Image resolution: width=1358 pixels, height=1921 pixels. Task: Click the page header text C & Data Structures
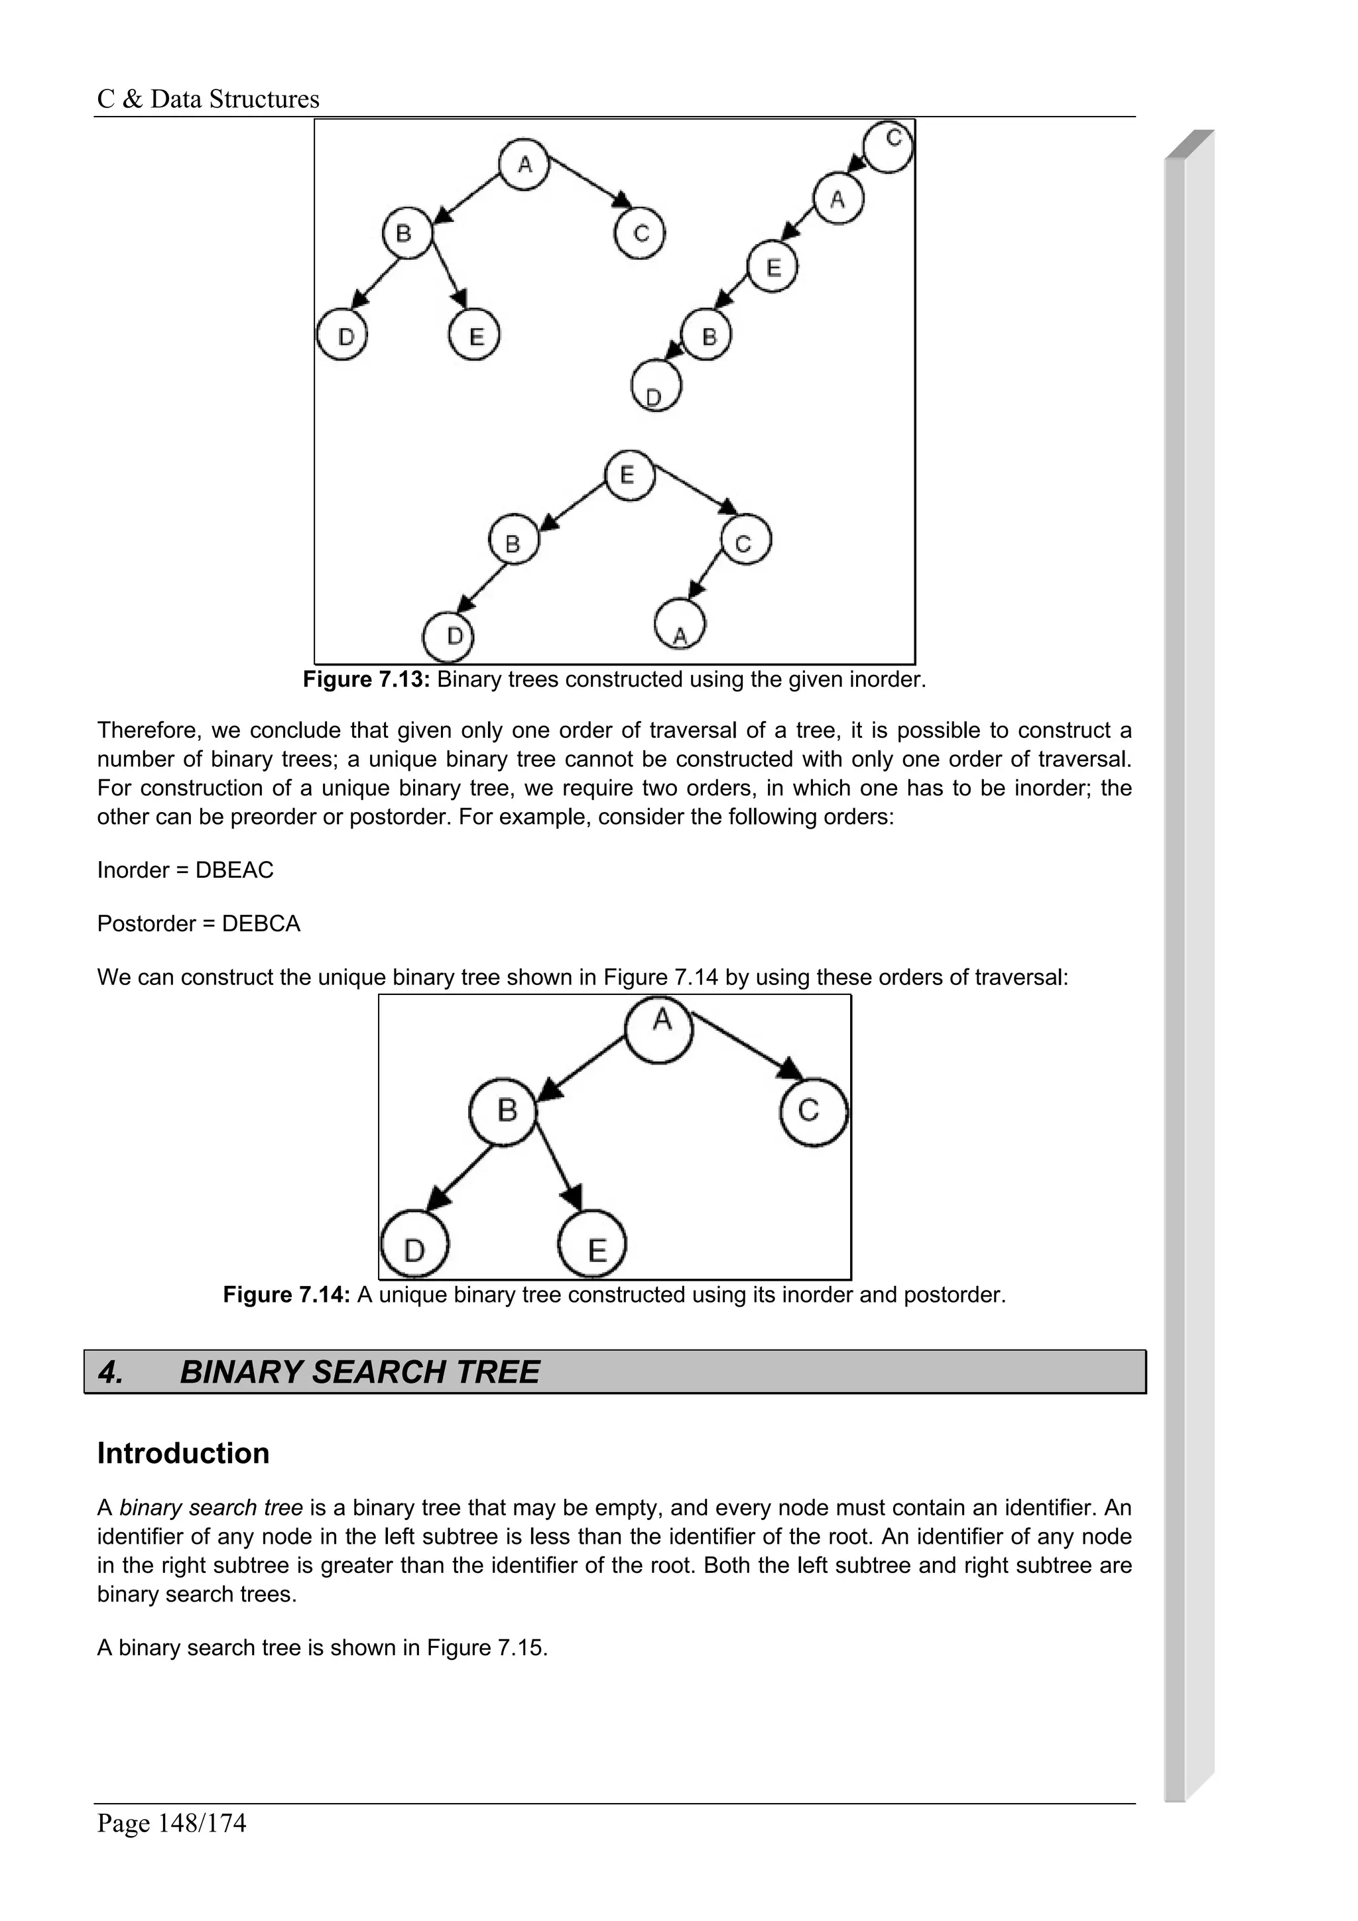click(x=208, y=99)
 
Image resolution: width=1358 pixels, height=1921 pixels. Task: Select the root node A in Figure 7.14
click(x=660, y=1028)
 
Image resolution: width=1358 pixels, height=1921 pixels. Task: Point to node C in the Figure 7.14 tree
click(x=812, y=1111)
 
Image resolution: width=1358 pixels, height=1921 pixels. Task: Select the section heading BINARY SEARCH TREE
click(x=360, y=1372)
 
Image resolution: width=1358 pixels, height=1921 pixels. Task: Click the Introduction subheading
click(x=183, y=1453)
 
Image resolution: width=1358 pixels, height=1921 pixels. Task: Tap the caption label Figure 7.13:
click(x=365, y=679)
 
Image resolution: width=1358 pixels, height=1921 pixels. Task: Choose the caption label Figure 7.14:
click(x=286, y=1295)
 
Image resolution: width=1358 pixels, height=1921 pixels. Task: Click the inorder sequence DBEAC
click(x=234, y=870)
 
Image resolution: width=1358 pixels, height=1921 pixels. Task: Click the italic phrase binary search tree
click(x=211, y=1507)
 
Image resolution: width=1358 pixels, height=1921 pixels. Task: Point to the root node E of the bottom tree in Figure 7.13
click(x=629, y=475)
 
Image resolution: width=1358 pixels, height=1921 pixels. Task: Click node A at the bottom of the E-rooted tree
click(x=680, y=625)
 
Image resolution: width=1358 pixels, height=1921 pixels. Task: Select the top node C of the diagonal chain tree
click(x=889, y=146)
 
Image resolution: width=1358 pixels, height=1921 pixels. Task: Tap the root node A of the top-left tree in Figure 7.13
click(x=524, y=164)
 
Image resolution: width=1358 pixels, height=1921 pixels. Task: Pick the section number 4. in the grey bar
click(x=111, y=1372)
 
